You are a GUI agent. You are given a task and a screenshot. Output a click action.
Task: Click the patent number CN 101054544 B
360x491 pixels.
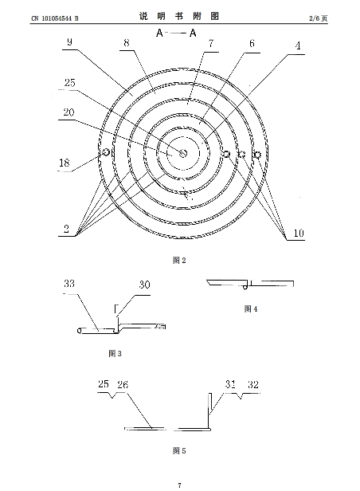point(55,18)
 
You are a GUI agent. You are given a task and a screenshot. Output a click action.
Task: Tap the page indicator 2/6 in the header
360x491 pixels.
point(315,18)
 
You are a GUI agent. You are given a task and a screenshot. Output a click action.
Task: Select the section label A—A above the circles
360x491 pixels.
point(176,33)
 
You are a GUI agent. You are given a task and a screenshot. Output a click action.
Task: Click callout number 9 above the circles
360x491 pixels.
point(69,42)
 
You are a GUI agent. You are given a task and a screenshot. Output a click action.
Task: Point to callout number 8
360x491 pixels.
point(127,42)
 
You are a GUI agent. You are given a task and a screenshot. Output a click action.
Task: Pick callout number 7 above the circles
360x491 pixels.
point(211,44)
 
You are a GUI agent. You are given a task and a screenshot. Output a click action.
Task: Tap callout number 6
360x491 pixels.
point(252,43)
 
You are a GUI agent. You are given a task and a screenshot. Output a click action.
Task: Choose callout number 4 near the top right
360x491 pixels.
point(298,45)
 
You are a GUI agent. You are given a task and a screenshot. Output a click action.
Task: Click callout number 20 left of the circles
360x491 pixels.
point(68,112)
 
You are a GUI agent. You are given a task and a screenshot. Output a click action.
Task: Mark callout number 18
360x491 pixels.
point(65,163)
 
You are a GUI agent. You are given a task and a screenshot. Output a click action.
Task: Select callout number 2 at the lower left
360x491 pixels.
point(66,228)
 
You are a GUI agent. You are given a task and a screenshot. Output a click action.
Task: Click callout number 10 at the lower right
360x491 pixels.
point(299,233)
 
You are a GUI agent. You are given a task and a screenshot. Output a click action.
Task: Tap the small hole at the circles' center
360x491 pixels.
point(183,153)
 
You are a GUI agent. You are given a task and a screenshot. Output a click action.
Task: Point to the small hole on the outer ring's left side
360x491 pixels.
point(105,152)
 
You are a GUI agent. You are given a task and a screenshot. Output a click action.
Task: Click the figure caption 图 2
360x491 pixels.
point(179,260)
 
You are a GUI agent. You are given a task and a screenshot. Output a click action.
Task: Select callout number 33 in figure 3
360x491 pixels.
point(69,284)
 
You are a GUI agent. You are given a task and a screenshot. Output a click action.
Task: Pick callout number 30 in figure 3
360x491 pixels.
point(144,285)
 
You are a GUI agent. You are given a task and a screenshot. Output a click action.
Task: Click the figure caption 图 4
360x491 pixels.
point(251,309)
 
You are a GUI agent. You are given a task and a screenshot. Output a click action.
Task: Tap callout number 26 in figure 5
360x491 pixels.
point(123,384)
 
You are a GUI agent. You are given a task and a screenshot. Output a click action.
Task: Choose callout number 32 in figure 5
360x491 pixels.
point(253,384)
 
